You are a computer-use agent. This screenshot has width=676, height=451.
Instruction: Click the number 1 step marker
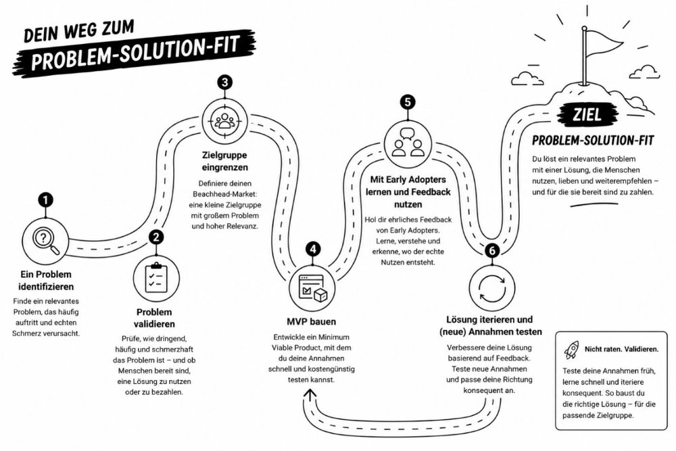click(45, 200)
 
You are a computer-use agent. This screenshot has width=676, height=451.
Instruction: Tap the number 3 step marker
click(224, 82)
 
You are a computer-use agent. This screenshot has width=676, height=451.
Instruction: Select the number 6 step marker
click(492, 250)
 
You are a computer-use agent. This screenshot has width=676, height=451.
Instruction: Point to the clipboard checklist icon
click(156, 278)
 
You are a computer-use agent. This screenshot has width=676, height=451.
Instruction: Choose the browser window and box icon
click(313, 288)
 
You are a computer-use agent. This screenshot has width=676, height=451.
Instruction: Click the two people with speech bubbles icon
click(408, 142)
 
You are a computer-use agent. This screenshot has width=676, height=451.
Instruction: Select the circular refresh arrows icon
click(492, 287)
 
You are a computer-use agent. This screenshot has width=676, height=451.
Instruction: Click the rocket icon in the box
click(572, 350)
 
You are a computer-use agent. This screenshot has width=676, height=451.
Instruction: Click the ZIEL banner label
click(587, 115)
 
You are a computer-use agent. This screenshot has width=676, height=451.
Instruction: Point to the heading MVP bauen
click(311, 322)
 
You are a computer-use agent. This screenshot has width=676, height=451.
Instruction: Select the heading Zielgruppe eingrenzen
click(225, 161)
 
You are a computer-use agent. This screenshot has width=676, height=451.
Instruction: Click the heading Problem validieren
click(154, 318)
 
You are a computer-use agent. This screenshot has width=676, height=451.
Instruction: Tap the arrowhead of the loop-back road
click(310, 394)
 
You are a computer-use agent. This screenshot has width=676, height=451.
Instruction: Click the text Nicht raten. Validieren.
click(622, 350)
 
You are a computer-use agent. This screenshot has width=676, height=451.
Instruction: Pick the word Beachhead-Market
click(224, 194)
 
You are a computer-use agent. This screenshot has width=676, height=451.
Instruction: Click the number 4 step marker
click(313, 250)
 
